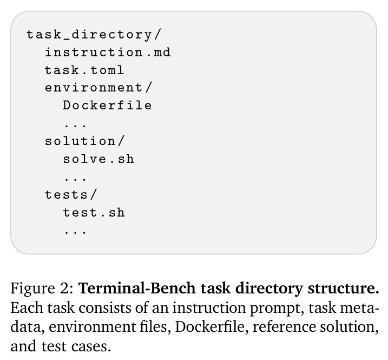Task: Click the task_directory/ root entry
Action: (x=94, y=35)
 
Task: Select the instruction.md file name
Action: (x=108, y=53)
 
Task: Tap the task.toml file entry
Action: (x=84, y=70)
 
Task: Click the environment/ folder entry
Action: (x=98, y=88)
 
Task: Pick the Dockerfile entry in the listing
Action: (x=107, y=105)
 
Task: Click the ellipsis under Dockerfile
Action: (x=75, y=125)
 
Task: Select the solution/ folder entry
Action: (x=84, y=141)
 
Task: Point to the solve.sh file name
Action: (x=98, y=159)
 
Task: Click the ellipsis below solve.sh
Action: (x=75, y=179)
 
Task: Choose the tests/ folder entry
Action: (x=71, y=194)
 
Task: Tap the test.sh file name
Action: (x=94, y=212)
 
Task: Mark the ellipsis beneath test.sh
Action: (x=75, y=232)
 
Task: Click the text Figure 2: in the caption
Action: (x=42, y=289)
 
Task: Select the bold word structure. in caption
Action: (x=344, y=288)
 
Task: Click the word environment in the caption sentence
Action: (x=92, y=327)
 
